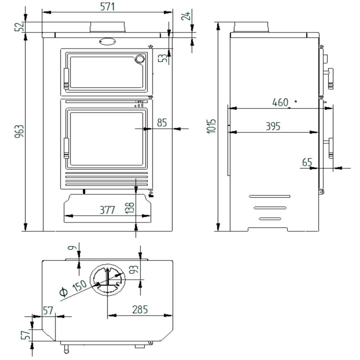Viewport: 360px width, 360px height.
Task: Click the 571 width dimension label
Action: [x=107, y=6]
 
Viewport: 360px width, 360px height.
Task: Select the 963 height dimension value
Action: [x=19, y=131]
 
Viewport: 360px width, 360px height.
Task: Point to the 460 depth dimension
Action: [x=280, y=102]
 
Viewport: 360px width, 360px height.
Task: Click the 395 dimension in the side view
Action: [x=273, y=126]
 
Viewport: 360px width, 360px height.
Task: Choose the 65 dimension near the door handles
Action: [x=307, y=162]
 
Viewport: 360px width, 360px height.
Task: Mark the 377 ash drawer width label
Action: [x=107, y=210]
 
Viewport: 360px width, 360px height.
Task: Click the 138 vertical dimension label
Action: [x=130, y=208]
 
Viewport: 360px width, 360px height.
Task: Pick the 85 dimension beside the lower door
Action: [x=162, y=123]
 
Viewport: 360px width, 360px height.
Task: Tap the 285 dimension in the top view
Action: [x=140, y=310]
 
